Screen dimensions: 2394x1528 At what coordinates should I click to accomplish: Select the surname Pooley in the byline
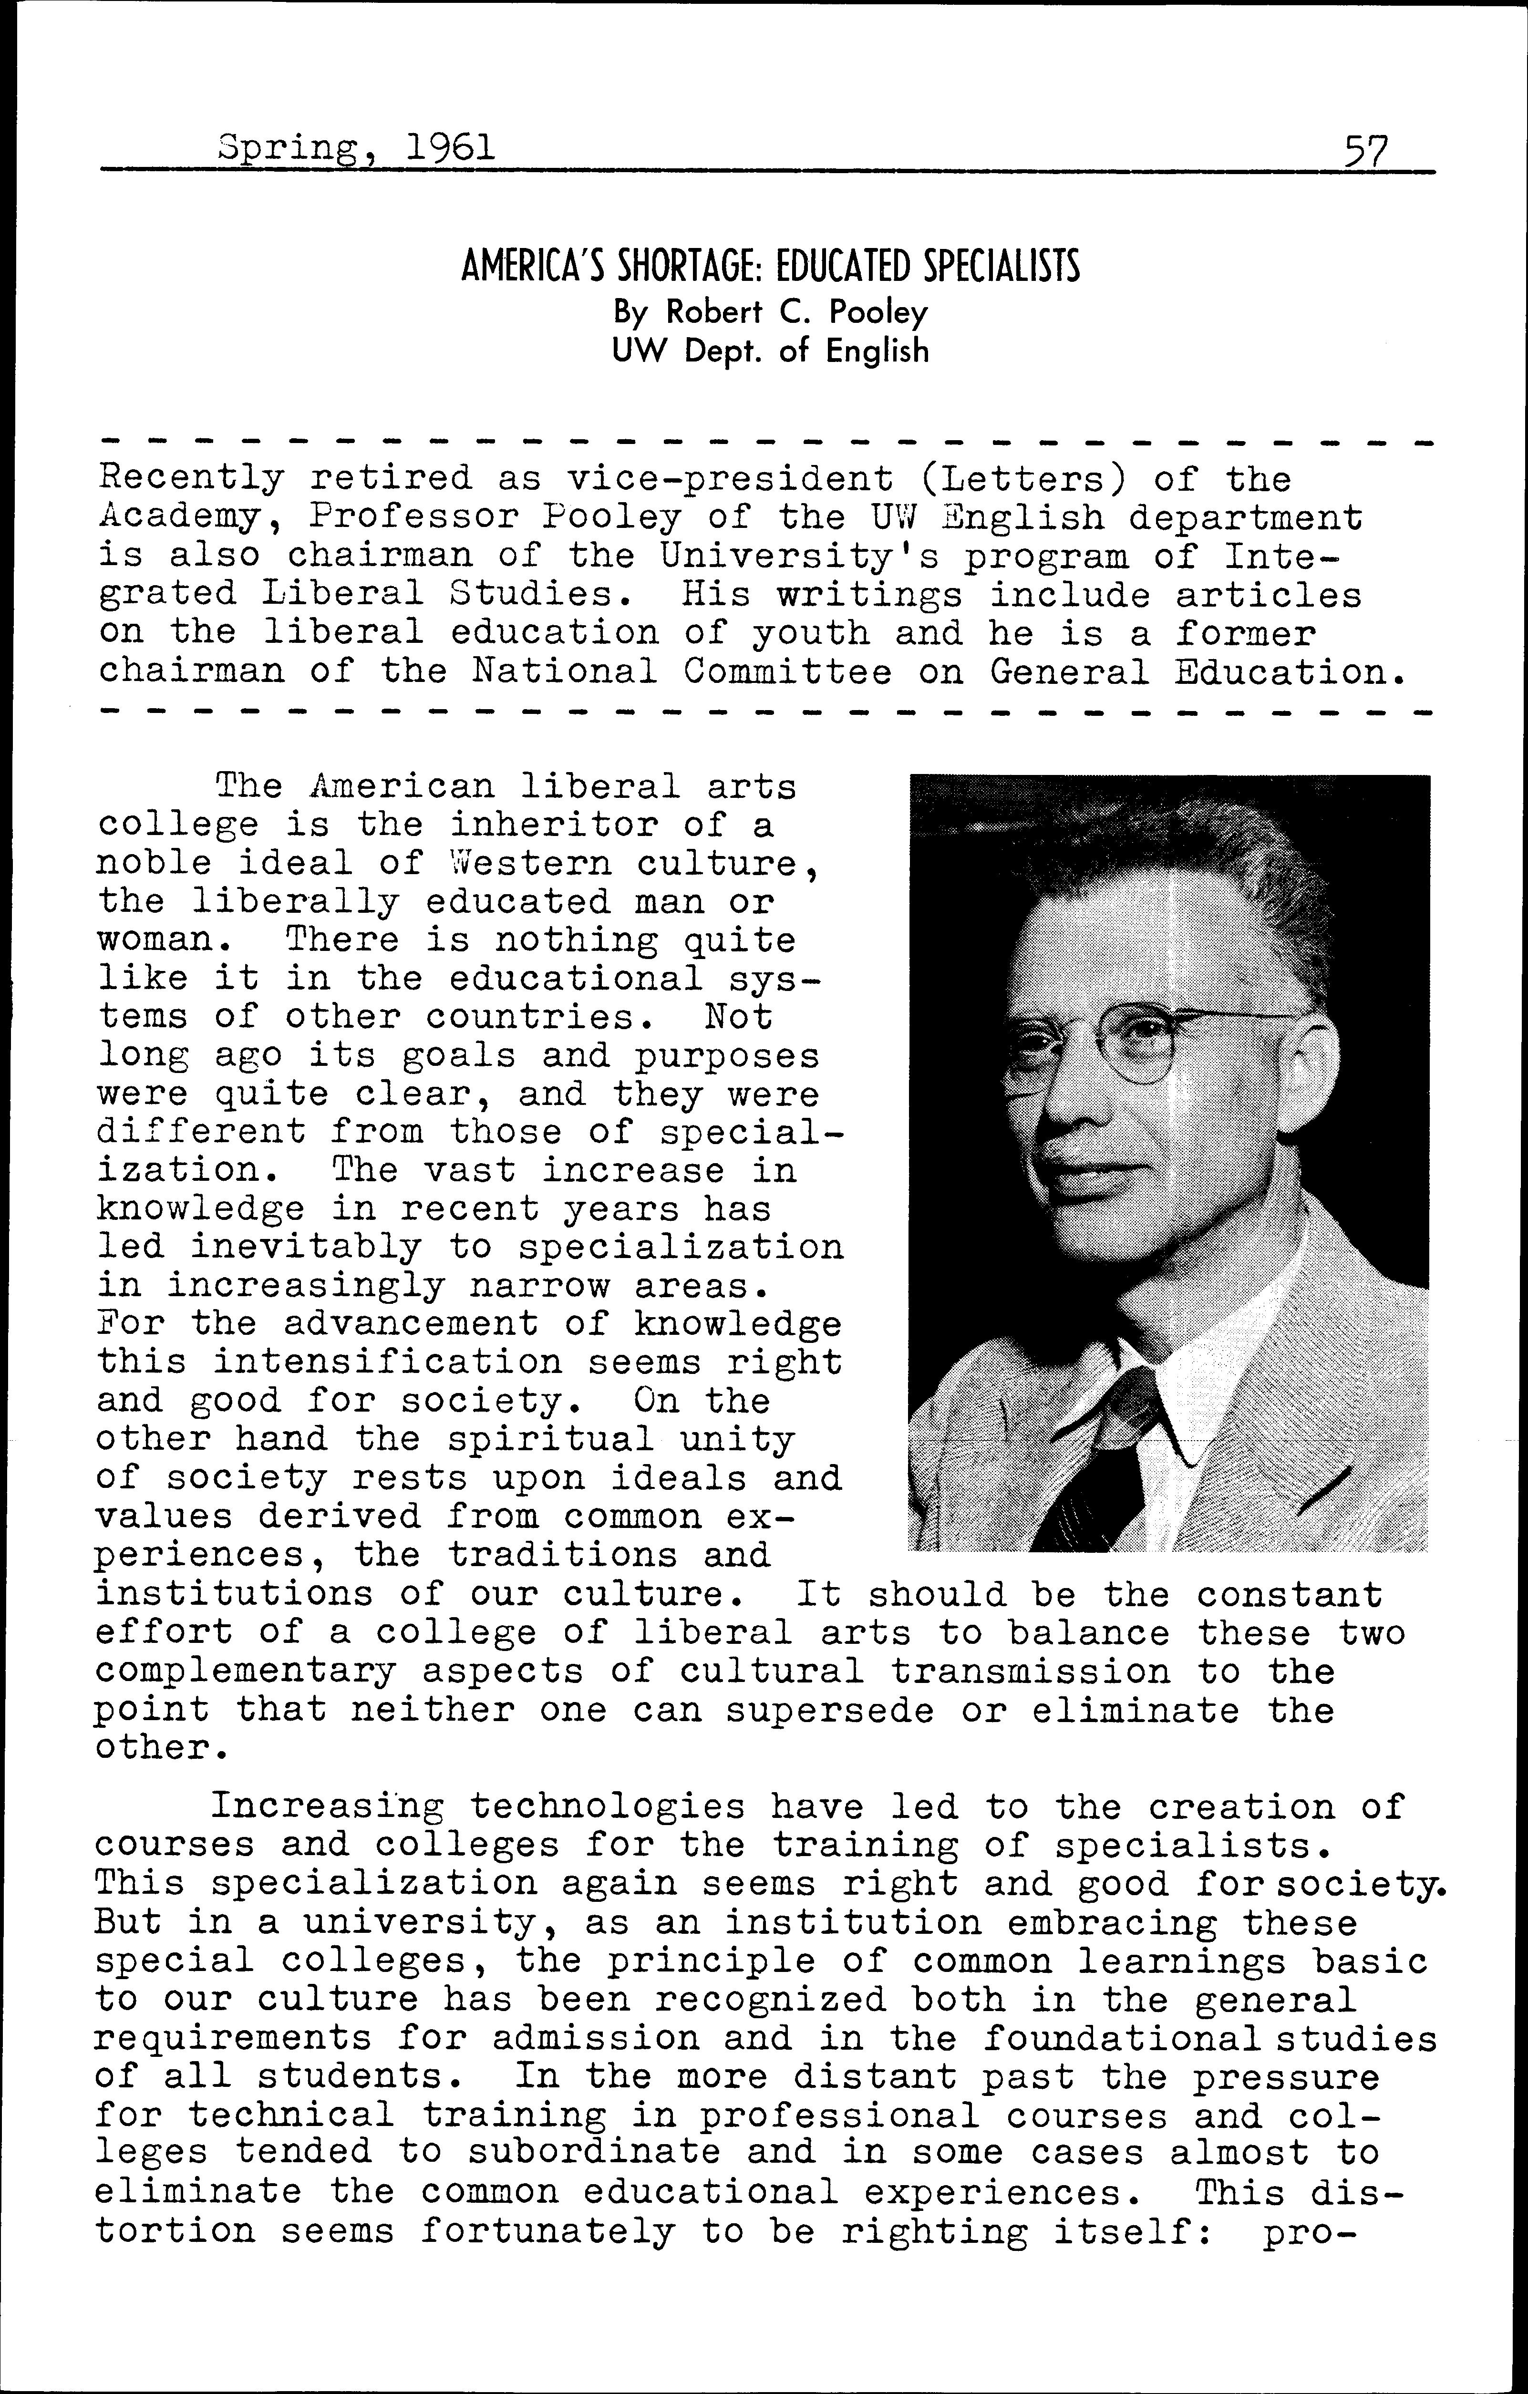tap(882, 313)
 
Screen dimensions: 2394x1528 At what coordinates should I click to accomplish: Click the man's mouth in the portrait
tap(1074, 1173)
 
